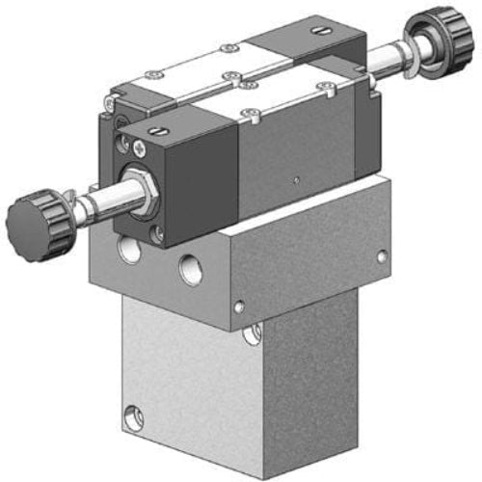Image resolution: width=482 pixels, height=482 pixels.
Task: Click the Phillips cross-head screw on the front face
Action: coord(141,147)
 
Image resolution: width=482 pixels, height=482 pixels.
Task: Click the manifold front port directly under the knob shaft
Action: coord(128,253)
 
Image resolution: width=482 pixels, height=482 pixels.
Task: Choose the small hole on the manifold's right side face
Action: coord(383,257)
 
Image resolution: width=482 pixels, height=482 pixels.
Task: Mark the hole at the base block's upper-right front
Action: coord(253,335)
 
